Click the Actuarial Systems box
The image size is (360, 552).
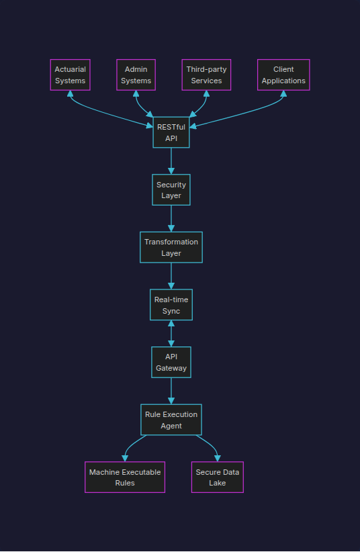point(70,75)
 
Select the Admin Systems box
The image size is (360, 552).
point(136,75)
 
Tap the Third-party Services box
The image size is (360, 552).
point(206,75)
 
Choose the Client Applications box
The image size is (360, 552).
point(283,75)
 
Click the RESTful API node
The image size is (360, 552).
point(171,132)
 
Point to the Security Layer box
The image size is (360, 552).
point(171,189)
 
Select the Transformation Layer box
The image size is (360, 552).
point(171,247)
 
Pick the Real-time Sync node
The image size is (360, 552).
point(171,305)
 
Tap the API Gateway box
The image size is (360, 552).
point(171,363)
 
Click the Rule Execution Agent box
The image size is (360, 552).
point(171,420)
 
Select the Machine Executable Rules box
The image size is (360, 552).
point(125,477)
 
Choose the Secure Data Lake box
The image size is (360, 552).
point(217,477)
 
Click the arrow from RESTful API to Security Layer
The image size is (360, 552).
point(171,161)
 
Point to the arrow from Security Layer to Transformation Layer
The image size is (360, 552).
point(171,218)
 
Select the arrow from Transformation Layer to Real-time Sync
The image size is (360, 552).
point(171,276)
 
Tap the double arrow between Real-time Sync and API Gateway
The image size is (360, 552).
point(171,334)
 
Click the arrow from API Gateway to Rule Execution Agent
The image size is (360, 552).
point(171,391)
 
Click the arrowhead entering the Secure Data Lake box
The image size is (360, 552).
point(217,458)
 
